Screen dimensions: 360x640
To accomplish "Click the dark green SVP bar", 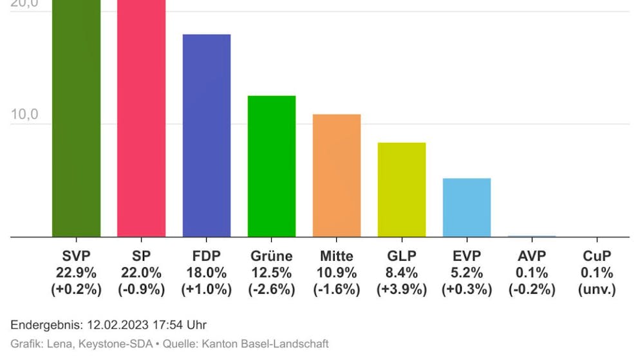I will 76,119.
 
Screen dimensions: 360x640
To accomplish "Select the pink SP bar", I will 141,119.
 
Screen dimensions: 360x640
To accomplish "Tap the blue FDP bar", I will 207,135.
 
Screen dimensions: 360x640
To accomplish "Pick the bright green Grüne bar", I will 272,166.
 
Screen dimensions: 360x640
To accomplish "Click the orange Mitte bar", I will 337,175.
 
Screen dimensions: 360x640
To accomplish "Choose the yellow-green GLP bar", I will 402,189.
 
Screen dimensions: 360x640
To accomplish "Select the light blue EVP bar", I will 467,207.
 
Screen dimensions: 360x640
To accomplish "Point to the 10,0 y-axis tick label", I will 24,115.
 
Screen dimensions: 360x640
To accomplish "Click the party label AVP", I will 532,256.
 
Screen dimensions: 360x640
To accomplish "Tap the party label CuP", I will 597,256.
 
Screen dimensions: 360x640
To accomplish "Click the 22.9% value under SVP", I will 76,273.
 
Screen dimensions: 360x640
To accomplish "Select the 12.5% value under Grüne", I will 272,273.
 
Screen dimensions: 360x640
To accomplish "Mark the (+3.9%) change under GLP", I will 402,290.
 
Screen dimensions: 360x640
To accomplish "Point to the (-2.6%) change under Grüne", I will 272,290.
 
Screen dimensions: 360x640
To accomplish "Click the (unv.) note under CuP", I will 597,290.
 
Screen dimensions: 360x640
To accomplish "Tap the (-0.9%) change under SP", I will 141,290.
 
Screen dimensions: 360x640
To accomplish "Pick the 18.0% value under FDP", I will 207,273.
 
